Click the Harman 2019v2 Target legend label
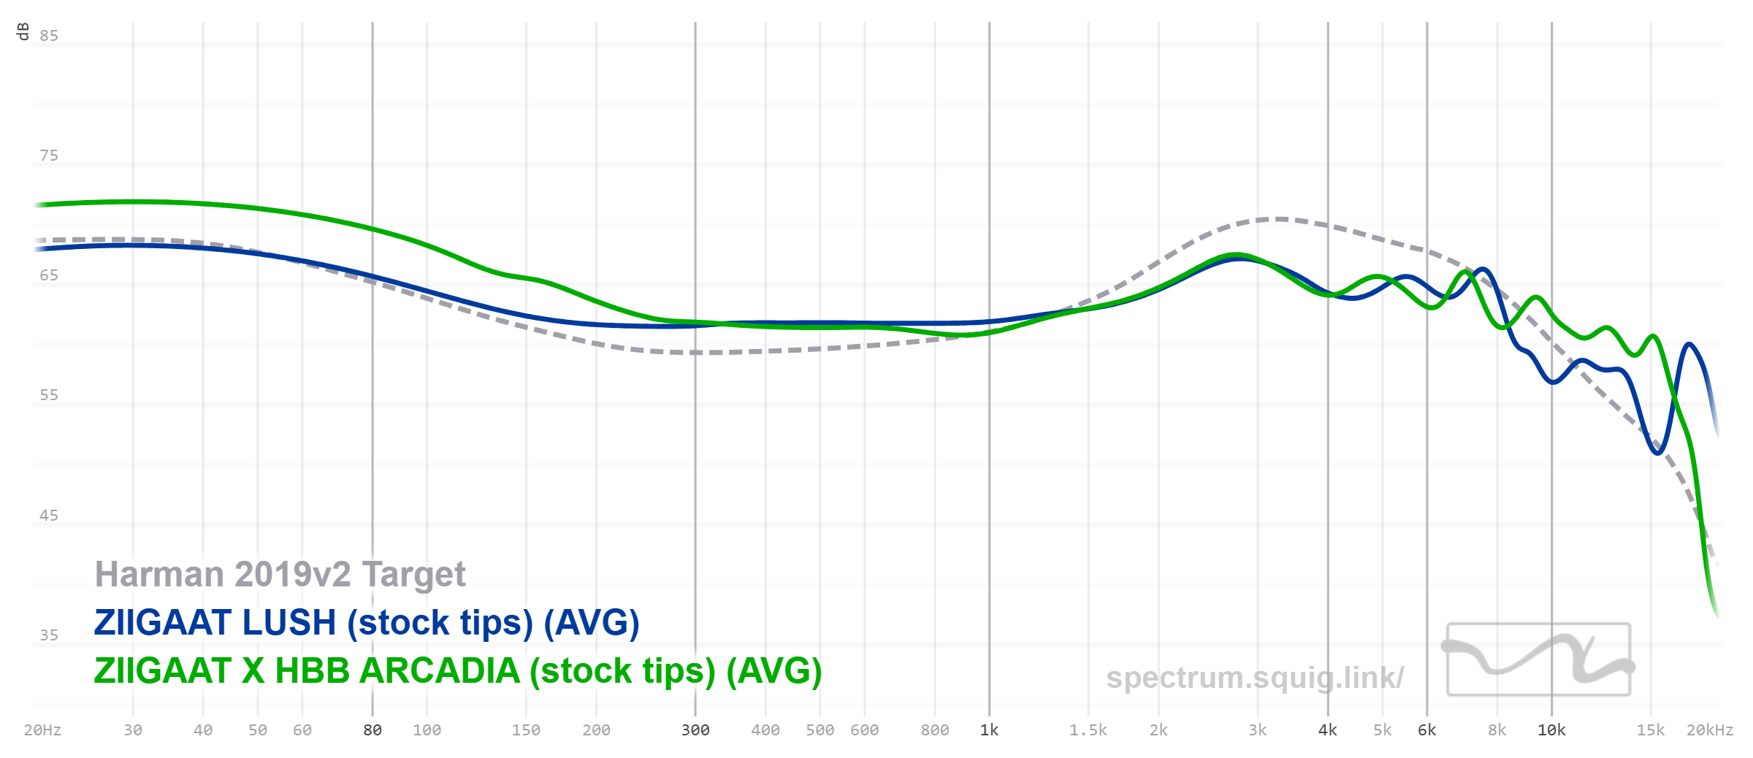[x=280, y=575]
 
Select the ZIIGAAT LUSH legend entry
[x=367, y=623]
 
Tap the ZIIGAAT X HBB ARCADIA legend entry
[x=458, y=671]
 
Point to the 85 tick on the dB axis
[x=49, y=36]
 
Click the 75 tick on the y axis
[x=49, y=156]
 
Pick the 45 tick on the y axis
[x=49, y=516]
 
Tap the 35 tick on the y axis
[x=49, y=635]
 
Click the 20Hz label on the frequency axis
[x=42, y=730]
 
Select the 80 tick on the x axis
[x=373, y=730]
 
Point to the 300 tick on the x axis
[x=695, y=730]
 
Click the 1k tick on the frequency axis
[x=989, y=730]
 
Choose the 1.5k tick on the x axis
[x=1088, y=730]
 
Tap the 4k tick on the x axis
[x=1328, y=730]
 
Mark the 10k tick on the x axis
[x=1551, y=730]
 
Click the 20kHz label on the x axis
[x=1709, y=730]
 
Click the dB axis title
[x=23, y=31]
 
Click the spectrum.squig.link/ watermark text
[x=1255, y=678]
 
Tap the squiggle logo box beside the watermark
[x=1539, y=659]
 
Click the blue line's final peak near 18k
[x=1689, y=344]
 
